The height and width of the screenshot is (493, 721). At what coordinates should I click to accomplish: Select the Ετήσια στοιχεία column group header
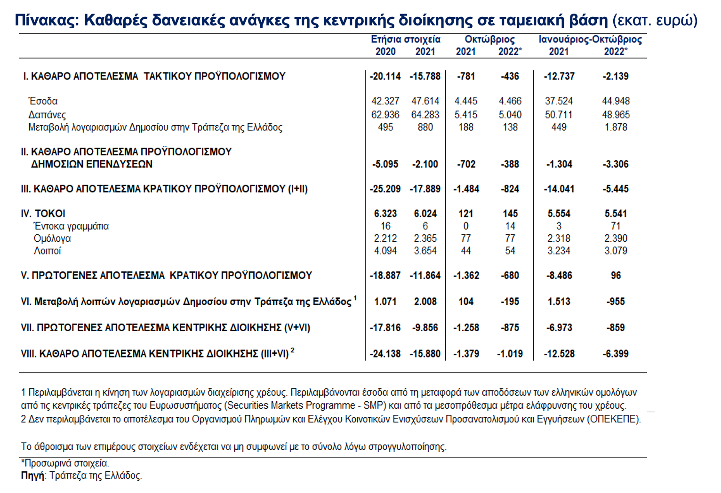pos(406,39)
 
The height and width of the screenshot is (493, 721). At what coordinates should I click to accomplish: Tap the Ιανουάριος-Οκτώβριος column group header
pos(590,39)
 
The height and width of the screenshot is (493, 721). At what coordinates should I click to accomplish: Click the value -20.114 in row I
pos(385,76)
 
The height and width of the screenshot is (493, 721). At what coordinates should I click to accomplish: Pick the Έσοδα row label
pos(43,101)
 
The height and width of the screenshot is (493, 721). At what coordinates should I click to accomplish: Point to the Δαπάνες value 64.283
pos(425,115)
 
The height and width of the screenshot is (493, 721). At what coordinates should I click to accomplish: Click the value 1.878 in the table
pos(616,127)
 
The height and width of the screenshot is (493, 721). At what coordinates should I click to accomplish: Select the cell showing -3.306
pos(616,164)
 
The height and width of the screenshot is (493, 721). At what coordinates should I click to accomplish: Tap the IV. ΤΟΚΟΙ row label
pos(43,214)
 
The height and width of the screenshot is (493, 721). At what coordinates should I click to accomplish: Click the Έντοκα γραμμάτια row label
pos(71,226)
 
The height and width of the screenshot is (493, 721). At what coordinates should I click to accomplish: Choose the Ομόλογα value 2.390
pos(616,239)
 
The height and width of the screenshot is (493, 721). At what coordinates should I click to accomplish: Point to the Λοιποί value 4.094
pos(385,251)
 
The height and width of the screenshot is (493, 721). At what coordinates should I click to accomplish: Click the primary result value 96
pos(616,276)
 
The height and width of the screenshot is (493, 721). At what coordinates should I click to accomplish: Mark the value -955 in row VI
pos(616,302)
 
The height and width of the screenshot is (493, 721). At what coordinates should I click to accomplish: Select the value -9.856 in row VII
pos(425,327)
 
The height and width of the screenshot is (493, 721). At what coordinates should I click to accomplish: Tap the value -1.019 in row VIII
pos(510,354)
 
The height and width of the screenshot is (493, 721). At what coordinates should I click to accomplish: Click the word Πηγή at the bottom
pos(32,476)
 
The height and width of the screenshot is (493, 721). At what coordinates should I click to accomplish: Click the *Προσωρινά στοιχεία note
pos(65,463)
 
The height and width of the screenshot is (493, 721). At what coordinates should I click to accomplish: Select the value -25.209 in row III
pos(385,189)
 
